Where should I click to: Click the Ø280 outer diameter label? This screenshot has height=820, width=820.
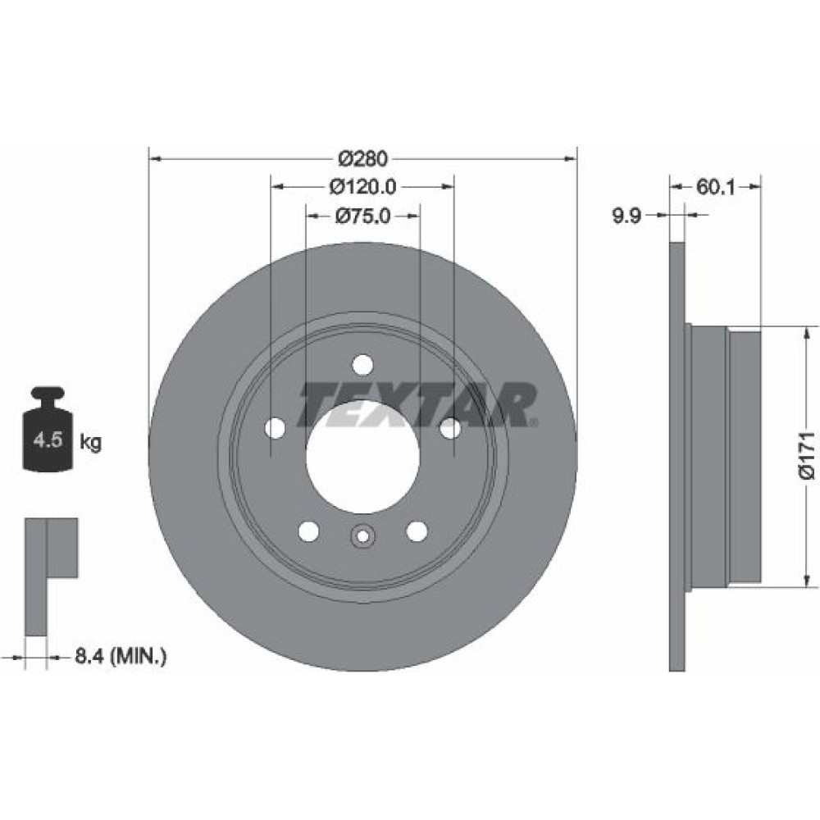click(363, 158)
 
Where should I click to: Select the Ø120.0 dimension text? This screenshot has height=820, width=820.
click(363, 186)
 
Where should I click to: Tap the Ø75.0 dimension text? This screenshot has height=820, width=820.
click(363, 216)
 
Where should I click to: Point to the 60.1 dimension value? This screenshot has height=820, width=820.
click(715, 187)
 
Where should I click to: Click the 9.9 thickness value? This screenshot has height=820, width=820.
click(626, 216)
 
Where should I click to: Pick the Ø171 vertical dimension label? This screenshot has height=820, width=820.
click(807, 455)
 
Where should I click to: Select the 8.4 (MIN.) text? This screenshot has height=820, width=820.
click(121, 655)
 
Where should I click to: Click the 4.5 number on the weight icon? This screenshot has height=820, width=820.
click(48, 440)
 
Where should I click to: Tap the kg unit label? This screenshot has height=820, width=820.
click(90, 443)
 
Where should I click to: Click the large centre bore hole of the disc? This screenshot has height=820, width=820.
click(362, 457)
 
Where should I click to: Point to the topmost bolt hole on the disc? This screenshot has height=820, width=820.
click(362, 365)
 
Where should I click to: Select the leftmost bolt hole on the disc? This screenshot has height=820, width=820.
click(275, 428)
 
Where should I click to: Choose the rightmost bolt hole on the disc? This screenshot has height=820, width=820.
click(450, 428)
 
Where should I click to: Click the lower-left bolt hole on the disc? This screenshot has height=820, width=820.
click(308, 531)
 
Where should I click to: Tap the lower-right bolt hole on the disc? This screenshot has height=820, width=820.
click(417, 531)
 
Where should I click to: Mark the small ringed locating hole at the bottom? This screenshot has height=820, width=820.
click(362, 535)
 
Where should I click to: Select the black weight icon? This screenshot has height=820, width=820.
click(48, 429)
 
